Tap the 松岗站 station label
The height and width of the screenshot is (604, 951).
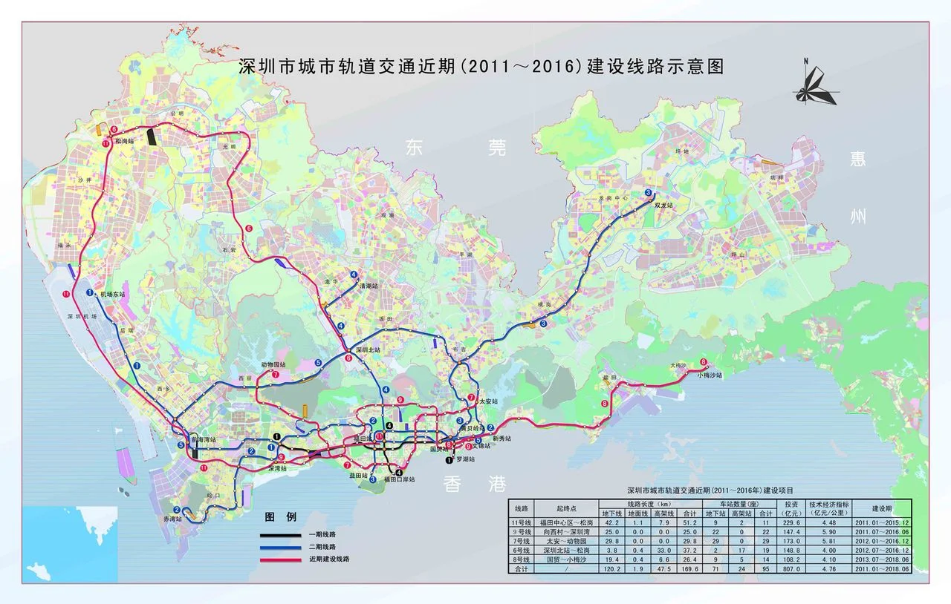(124, 140)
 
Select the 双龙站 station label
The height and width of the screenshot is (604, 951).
(663, 204)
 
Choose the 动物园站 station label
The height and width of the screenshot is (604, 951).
(273, 365)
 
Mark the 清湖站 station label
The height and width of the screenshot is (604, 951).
(369, 285)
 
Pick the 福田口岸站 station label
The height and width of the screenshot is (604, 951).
(400, 479)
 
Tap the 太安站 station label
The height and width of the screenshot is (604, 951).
(488, 401)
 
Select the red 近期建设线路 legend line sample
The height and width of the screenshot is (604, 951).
(281, 558)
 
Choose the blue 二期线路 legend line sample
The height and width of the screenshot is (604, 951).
(281, 546)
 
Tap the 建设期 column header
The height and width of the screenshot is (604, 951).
(882, 508)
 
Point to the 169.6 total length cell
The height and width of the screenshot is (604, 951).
(689, 569)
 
